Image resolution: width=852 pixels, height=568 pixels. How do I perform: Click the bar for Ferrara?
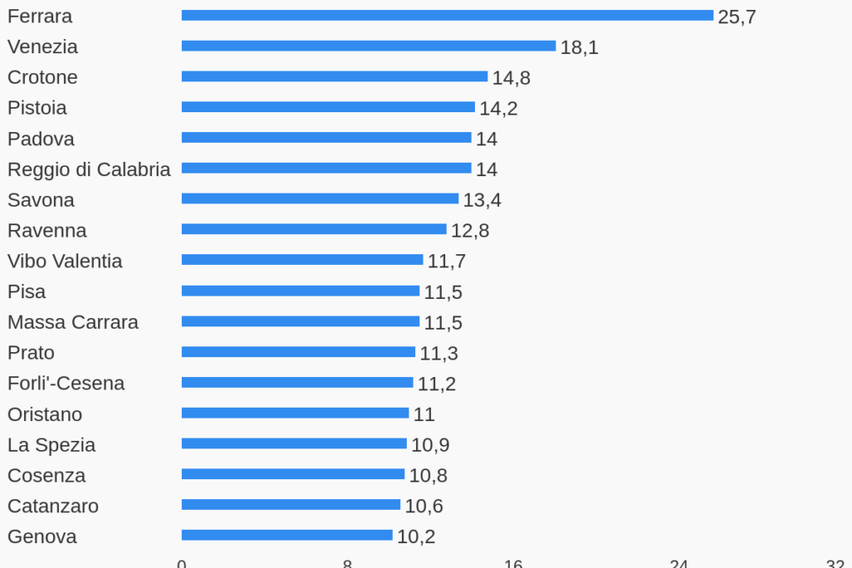pos(447,16)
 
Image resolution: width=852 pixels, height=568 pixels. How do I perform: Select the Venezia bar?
pos(368,47)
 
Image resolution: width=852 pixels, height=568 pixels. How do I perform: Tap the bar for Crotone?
pos(334,76)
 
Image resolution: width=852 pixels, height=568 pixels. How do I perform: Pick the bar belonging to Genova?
pos(286,536)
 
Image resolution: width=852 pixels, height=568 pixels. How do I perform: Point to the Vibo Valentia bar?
pos(301,260)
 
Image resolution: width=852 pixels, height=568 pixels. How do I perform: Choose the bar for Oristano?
pos(295,413)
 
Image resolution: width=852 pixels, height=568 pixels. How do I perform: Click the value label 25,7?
pos(737,17)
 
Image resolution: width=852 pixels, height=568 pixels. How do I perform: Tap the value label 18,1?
pos(579,47)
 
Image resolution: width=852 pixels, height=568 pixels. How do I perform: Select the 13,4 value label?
pos(482,200)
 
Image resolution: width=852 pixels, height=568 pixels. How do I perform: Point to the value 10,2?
pos(415,536)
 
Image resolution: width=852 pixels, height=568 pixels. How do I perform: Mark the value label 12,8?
pos(469,231)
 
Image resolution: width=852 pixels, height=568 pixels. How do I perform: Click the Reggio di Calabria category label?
pos(89,169)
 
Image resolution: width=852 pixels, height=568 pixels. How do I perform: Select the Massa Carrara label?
pos(73,322)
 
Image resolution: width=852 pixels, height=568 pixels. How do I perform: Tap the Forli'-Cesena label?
pos(66,384)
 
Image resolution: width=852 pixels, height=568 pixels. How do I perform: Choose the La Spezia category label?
pos(51,445)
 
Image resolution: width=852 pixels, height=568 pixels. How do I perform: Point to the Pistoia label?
pos(37,108)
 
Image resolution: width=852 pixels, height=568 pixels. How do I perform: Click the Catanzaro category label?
pos(53,506)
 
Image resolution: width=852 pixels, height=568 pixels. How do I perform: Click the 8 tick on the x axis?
pos(347,564)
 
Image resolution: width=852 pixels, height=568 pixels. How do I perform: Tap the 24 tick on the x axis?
pos(678,564)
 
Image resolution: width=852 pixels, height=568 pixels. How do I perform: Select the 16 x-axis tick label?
pos(513,564)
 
